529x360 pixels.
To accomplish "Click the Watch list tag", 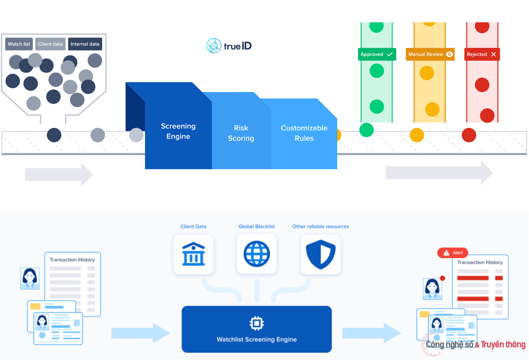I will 19,44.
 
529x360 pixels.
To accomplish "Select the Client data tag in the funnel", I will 50,44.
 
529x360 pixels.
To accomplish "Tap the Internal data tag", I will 85,44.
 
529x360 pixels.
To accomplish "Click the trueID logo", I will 229,46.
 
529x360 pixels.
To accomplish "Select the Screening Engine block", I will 178,131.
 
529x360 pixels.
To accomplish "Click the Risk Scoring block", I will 241,133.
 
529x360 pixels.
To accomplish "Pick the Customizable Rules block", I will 304,133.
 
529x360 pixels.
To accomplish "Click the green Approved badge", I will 377,54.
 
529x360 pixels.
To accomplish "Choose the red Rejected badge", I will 482,54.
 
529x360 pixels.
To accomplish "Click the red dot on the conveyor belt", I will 469,135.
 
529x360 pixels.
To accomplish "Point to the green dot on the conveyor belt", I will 366,130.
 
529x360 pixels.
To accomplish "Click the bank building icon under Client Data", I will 193,254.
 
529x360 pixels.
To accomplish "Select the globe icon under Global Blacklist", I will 257,254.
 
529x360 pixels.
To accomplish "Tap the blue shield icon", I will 320,254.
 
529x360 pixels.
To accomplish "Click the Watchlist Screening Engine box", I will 257,329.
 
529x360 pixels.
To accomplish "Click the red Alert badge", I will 453,253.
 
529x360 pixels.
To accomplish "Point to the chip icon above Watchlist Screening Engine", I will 257,323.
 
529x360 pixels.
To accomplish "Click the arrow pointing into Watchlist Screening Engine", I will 141,333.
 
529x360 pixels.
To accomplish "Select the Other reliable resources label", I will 320,226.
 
